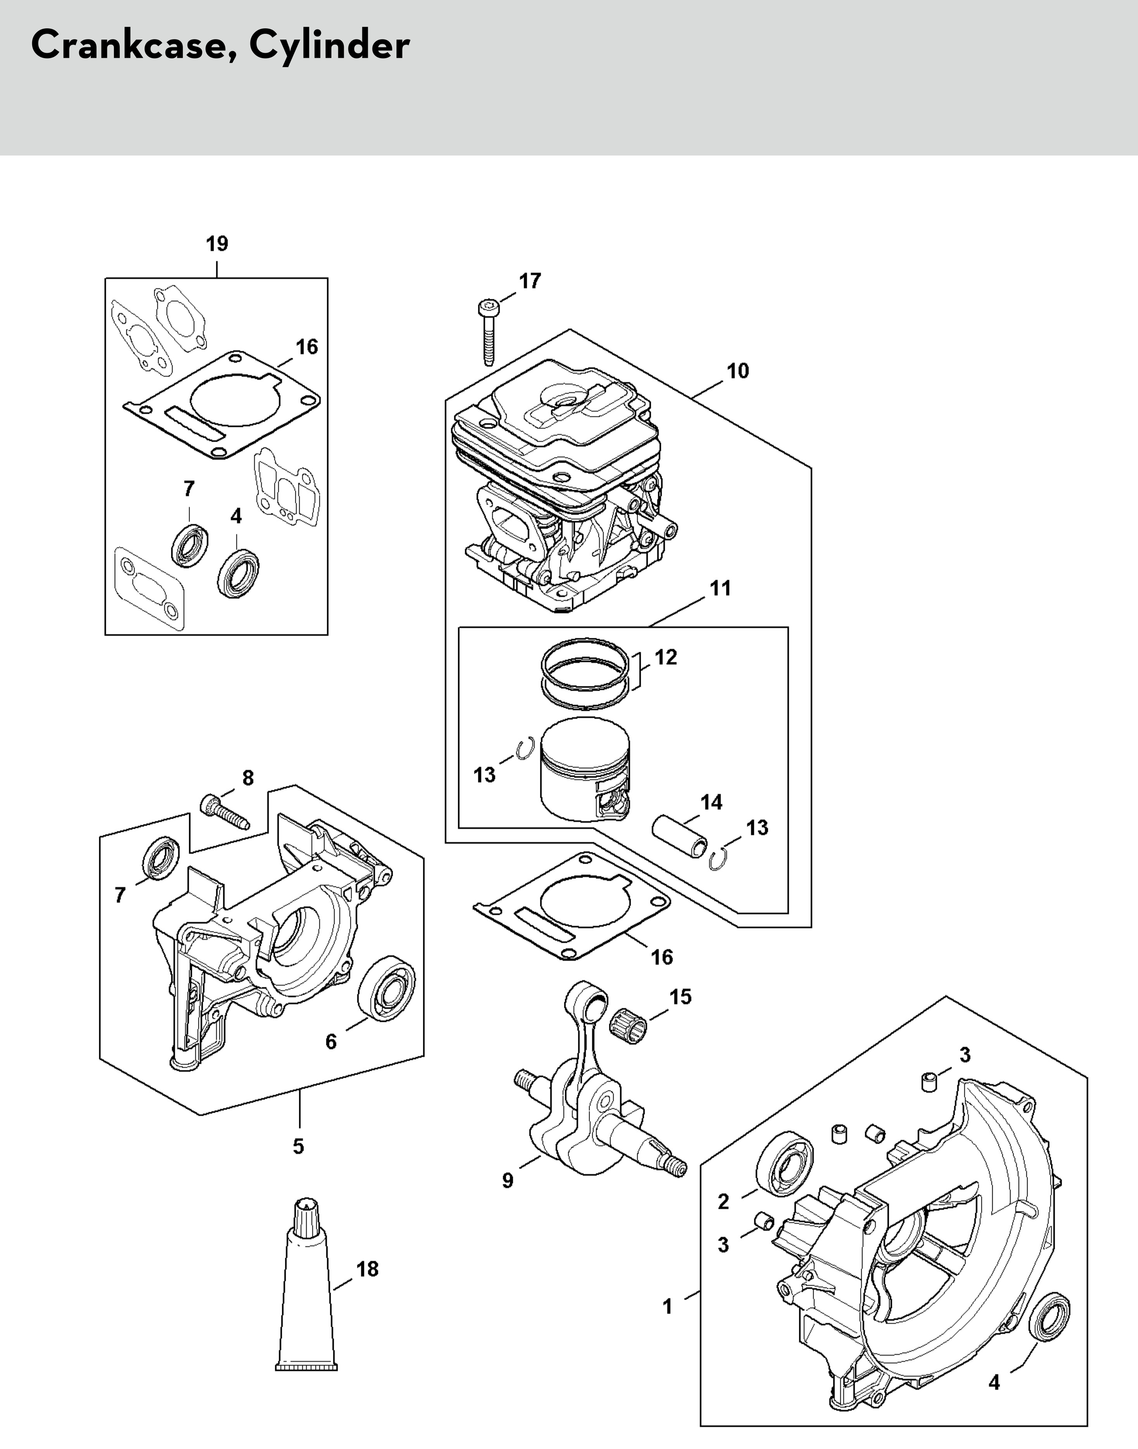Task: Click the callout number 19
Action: point(217,244)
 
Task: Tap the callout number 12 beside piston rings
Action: point(666,657)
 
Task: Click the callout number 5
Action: point(298,1147)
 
